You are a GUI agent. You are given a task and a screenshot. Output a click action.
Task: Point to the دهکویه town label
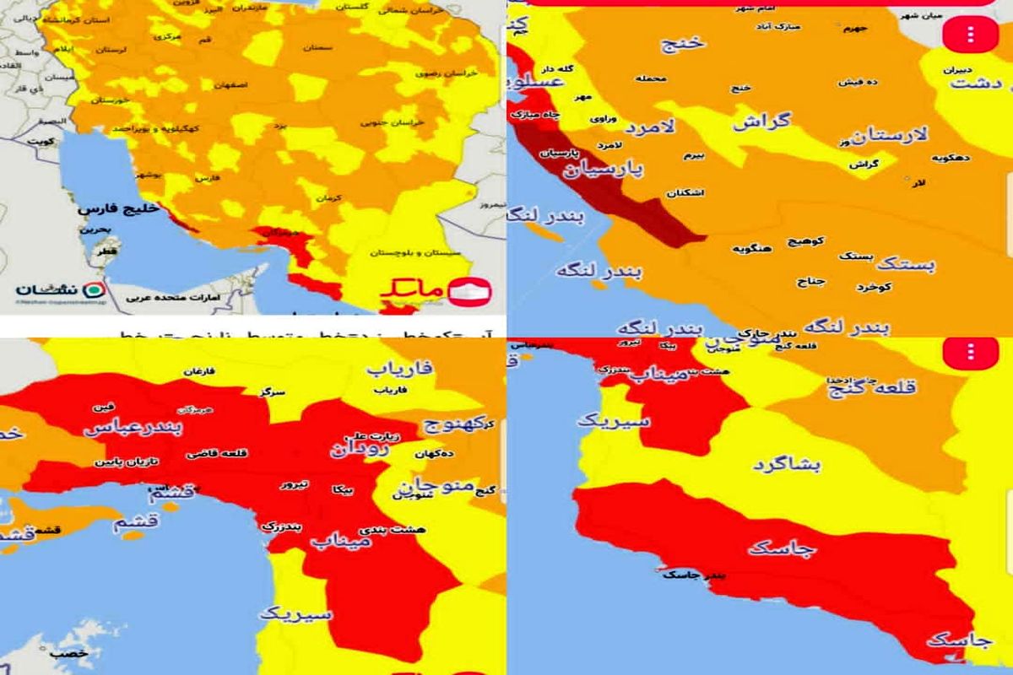click(x=951, y=158)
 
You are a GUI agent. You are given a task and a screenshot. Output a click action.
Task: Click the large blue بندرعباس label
click(x=133, y=427)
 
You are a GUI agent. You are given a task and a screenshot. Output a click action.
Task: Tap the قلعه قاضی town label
click(x=225, y=453)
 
